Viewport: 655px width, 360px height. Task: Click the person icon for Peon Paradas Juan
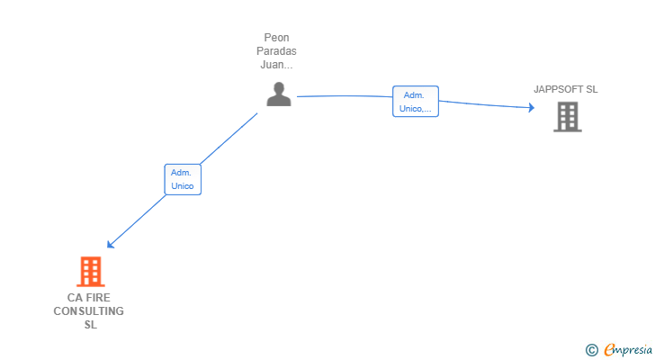point(279,94)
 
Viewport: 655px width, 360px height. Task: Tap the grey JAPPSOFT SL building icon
point(567,117)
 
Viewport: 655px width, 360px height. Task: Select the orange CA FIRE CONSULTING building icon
point(90,271)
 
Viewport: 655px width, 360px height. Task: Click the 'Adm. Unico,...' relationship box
point(416,102)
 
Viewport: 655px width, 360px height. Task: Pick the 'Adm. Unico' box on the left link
point(183,179)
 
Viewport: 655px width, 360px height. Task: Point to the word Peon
point(277,38)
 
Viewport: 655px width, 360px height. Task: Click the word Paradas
point(277,51)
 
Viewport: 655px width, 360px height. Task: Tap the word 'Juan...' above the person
point(277,65)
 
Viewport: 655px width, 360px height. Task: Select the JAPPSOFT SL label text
point(565,89)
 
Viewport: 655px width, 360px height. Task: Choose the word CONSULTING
point(88,311)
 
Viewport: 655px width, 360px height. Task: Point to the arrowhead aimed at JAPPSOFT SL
point(531,108)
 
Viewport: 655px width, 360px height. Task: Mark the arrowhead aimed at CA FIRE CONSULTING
point(110,244)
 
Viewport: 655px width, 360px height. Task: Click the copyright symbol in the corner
point(591,350)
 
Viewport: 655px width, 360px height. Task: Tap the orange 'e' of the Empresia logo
point(610,350)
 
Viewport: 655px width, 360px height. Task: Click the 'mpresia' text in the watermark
point(633,350)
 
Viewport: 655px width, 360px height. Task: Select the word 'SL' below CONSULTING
point(89,325)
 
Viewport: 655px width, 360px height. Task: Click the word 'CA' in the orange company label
point(75,298)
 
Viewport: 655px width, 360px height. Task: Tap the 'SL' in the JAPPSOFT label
point(590,89)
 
